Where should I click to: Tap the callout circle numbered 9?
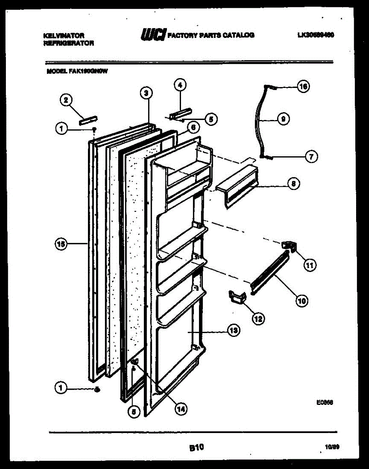click(283, 119)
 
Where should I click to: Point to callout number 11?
click(310, 266)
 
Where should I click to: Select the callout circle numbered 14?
click(180, 409)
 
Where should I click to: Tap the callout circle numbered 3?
click(145, 93)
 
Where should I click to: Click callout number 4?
click(180, 84)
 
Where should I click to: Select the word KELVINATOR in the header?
click(63, 35)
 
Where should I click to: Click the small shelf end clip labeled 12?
click(236, 297)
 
